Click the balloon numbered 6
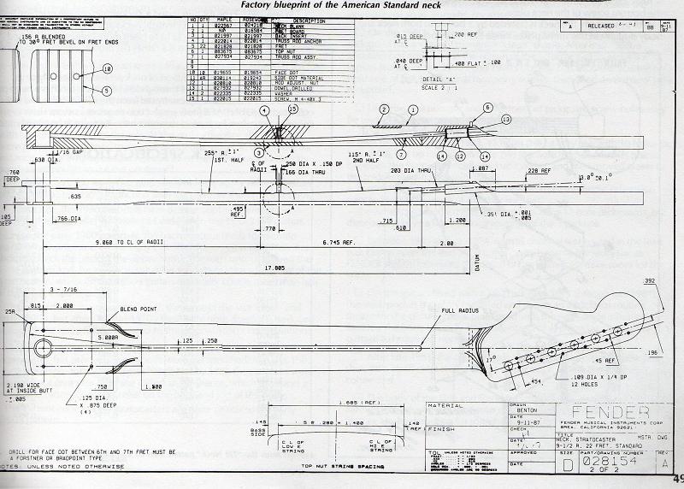point(487,107)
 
